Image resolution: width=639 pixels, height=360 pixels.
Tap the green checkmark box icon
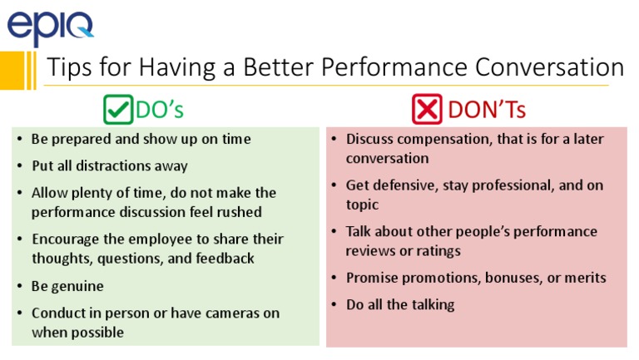coord(118,110)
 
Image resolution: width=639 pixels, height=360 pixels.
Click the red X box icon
coord(427,110)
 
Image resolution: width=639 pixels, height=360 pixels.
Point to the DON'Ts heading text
coord(487,110)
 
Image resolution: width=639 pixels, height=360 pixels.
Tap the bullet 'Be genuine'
coord(67,286)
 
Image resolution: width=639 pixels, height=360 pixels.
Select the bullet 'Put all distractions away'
coord(110,165)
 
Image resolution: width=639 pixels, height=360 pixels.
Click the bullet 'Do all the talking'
coord(400,304)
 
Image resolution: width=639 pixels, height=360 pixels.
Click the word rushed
coord(239,212)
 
